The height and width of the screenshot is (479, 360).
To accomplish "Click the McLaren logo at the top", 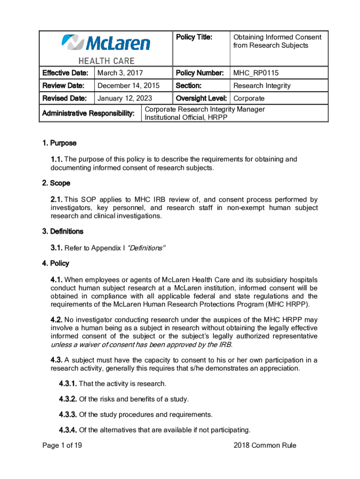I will tap(106, 43).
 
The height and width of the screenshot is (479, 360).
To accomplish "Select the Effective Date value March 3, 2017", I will tap(120, 73).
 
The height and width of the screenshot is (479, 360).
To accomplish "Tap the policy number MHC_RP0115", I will tap(257, 73).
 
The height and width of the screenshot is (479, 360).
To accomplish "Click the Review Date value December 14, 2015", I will tap(128, 86).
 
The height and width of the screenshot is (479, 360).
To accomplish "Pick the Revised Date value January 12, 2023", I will tap(126, 98).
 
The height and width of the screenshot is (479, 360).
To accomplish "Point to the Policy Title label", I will tap(194, 37).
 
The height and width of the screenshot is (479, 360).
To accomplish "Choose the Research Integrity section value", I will tap(262, 86).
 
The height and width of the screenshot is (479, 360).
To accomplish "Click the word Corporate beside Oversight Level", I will tap(249, 98).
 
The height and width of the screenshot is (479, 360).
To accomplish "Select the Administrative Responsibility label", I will tap(88, 114).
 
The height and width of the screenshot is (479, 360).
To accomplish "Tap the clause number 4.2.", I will tap(57, 319).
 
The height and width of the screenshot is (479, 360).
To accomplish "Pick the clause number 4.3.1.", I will tap(68, 384).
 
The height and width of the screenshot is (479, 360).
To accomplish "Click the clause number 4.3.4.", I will tap(68, 430).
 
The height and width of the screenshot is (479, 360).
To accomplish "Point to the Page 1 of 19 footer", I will tap(62, 445).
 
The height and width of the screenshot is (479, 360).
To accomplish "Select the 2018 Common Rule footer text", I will tap(265, 445).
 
